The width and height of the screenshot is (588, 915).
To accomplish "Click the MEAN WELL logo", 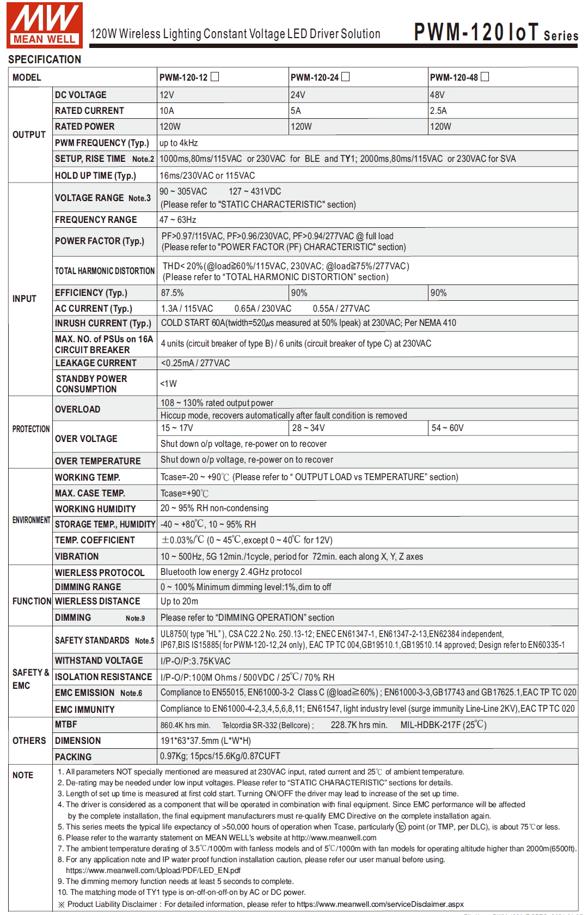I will pyautogui.click(x=45, y=25).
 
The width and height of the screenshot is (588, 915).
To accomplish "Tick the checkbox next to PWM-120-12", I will pyautogui.click(x=215, y=77).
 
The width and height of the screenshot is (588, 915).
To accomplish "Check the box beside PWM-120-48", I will pyautogui.click(x=485, y=77).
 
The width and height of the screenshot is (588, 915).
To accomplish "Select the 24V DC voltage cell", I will pyautogui.click(x=298, y=95).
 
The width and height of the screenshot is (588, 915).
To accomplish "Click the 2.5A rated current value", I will pyautogui.click(x=438, y=111).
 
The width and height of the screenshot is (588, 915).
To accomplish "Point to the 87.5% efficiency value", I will pyautogui.click(x=172, y=293).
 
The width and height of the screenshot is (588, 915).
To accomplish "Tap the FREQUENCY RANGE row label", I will pyautogui.click(x=96, y=220).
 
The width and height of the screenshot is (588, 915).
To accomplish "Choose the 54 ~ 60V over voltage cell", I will pyautogui.click(x=448, y=428).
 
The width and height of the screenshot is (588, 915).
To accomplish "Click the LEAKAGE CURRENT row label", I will pyautogui.click(x=96, y=363).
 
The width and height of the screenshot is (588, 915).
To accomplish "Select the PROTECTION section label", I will pyautogui.click(x=31, y=429).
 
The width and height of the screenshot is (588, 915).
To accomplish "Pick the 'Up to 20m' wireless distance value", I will pyautogui.click(x=179, y=602).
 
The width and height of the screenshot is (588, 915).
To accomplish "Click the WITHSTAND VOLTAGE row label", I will pyautogui.click(x=99, y=661).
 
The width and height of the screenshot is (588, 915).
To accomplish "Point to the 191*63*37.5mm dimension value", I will pyautogui.click(x=205, y=741).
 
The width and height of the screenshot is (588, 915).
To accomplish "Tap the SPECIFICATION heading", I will pyautogui.click(x=45, y=59).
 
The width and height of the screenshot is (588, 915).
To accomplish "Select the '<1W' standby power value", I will pyautogui.click(x=168, y=384).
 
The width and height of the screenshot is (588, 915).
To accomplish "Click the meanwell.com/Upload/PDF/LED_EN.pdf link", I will pyautogui.click(x=153, y=870).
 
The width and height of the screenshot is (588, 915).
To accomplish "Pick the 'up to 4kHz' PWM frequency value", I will pyautogui.click(x=179, y=143).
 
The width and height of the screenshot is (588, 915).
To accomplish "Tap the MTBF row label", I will pyautogui.click(x=66, y=725).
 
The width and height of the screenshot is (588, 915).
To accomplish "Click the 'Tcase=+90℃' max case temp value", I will pyautogui.click(x=185, y=494).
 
